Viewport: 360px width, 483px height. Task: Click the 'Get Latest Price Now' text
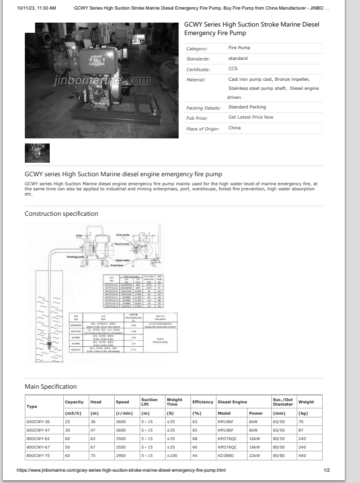pyautogui.click(x=250, y=118)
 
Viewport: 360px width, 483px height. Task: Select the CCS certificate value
pyautogui.click(x=233, y=69)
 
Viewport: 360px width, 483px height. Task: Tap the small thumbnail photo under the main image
pyautogui.click(x=37, y=153)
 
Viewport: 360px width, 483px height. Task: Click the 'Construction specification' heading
pyautogui.click(x=61, y=214)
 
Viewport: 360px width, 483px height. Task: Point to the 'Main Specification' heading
pyautogui.click(x=51, y=386)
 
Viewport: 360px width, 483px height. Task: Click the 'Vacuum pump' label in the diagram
pyautogui.click(x=123, y=243)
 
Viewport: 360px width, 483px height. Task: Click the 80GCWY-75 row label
pyautogui.click(x=38, y=455)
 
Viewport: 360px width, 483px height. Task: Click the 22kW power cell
pyautogui.click(x=254, y=455)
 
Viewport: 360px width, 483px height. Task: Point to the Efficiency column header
pyautogui.click(x=202, y=402)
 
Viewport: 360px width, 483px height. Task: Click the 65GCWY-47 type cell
pyautogui.click(x=38, y=430)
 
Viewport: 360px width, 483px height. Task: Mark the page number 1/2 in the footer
pyautogui.click(x=327, y=470)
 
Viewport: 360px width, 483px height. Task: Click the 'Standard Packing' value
pyautogui.click(x=247, y=107)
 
